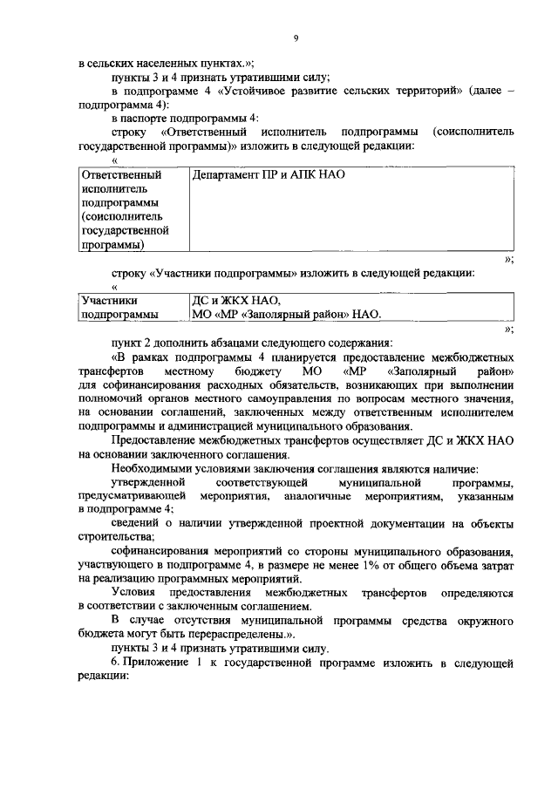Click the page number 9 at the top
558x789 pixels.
click(x=296, y=38)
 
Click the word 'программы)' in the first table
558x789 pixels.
click(x=112, y=246)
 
